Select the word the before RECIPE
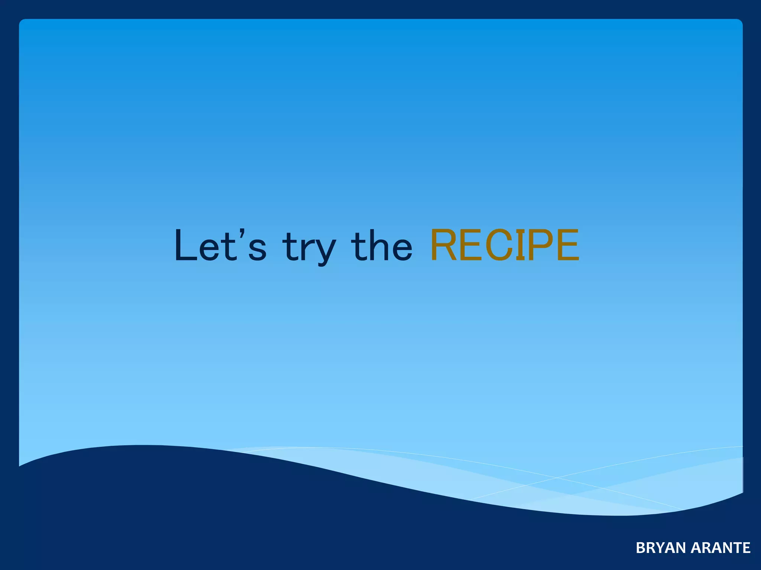click(x=381, y=246)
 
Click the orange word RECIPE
click(x=504, y=245)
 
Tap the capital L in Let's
click(x=185, y=246)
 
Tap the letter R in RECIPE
click(x=445, y=245)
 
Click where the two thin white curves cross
click(x=557, y=478)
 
